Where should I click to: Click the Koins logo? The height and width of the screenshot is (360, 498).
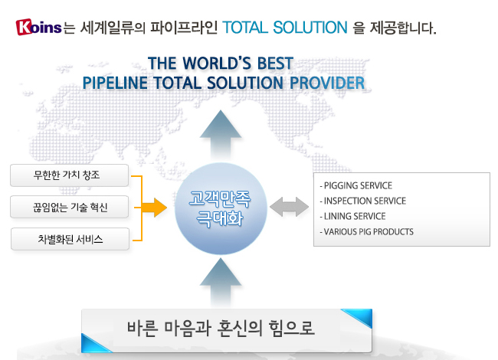tap(38, 27)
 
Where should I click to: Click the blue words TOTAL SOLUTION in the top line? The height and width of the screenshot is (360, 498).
tap(285, 28)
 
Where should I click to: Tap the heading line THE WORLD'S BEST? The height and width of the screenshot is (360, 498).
tap(221, 63)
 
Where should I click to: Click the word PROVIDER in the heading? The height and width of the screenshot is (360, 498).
tap(327, 83)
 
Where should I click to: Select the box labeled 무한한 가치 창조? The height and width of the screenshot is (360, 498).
tap(69, 175)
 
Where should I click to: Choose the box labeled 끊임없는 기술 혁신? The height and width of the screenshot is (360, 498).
tap(69, 207)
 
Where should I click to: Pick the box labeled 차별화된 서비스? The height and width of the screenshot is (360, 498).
tap(70, 239)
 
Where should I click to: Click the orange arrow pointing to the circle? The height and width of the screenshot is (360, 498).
tap(154, 208)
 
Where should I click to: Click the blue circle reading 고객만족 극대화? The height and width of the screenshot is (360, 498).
tap(221, 208)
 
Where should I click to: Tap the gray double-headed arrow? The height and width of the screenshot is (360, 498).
tap(289, 207)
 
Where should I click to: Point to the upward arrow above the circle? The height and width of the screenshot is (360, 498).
tap(221, 134)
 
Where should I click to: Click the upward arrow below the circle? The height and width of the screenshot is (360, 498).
tap(221, 282)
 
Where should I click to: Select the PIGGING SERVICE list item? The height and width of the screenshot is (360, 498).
tap(356, 185)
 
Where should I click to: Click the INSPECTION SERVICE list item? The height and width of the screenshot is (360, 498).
tap(363, 201)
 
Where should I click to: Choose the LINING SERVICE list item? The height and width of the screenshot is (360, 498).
tap(353, 217)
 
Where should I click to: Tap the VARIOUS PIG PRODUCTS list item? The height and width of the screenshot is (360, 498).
tap(367, 232)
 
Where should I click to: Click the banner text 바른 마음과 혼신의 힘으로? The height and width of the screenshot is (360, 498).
tap(221, 329)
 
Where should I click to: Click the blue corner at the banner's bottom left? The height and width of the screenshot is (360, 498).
tap(93, 345)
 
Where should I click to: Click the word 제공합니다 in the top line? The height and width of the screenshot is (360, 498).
tap(403, 28)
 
